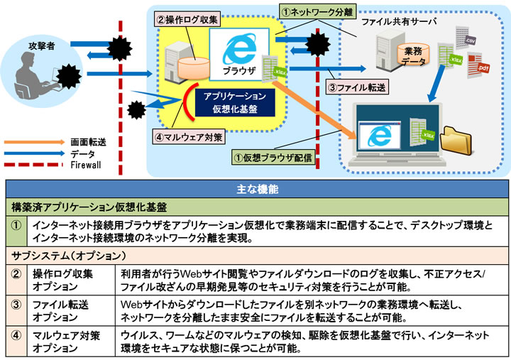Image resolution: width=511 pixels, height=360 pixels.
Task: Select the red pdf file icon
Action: pos(483,67)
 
